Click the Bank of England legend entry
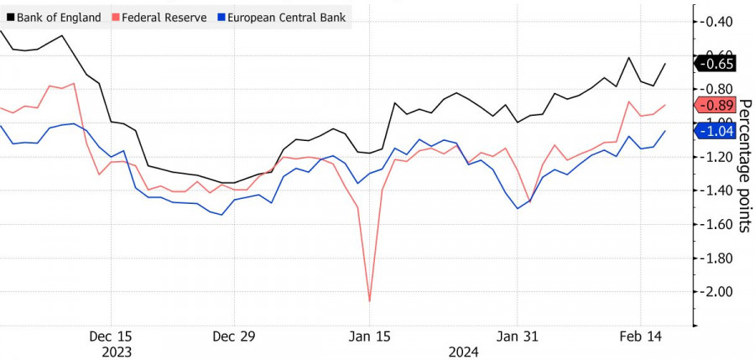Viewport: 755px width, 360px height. pyautogui.click(x=56, y=17)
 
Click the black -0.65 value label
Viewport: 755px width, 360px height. pyautogui.click(x=716, y=64)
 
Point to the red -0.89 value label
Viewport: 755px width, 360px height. pyautogui.click(x=716, y=106)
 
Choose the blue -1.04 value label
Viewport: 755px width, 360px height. pyautogui.click(x=716, y=131)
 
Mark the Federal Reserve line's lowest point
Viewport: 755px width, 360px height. pyautogui.click(x=370, y=300)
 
